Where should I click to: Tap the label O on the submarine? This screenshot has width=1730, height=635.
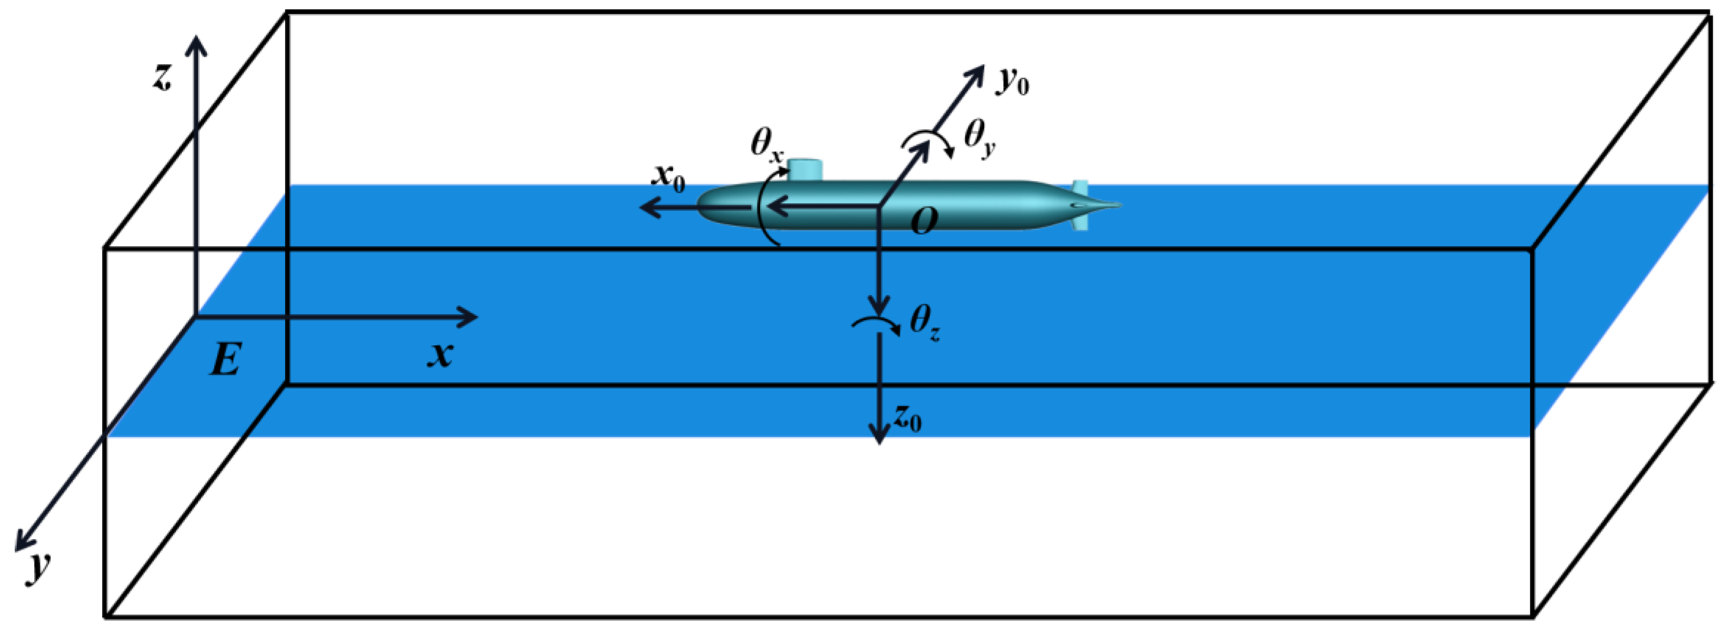pos(924,221)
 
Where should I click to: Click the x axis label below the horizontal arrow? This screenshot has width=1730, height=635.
pos(440,354)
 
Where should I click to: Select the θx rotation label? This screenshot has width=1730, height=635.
pos(766,145)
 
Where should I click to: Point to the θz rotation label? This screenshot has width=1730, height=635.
pos(924,323)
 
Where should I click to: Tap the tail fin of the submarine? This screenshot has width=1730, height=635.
pos(1080,205)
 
